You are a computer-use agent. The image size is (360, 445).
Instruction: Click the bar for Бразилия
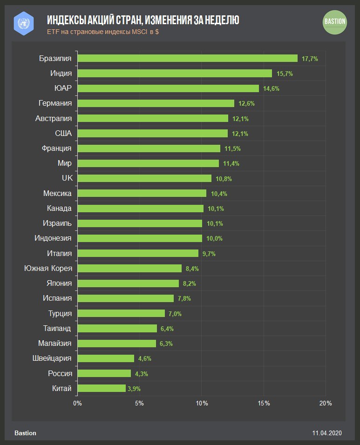[187, 58]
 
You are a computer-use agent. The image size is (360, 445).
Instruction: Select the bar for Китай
[102, 388]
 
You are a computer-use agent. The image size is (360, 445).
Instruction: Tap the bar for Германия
[156, 103]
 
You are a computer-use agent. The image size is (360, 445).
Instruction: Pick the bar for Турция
[121, 313]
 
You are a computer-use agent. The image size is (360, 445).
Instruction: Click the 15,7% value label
[285, 74]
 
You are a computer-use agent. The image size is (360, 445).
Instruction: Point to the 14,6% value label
[271, 88]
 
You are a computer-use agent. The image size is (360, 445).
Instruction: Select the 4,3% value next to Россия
[142, 373]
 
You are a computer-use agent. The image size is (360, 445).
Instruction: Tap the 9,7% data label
[209, 254]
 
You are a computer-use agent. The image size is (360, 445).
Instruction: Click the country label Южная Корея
[48, 268]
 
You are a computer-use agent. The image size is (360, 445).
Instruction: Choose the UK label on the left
[67, 178]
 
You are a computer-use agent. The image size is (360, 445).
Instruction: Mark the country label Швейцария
[51, 358]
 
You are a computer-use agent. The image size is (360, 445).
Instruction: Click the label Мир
[64, 163]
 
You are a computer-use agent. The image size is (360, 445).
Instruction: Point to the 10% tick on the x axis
[202, 403]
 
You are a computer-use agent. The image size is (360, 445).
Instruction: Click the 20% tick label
[326, 403]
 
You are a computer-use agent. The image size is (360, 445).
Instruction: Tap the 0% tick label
[77, 403]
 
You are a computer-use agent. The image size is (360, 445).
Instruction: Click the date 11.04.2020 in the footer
[327, 433]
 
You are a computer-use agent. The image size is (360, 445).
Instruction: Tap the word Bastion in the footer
[26, 433]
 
